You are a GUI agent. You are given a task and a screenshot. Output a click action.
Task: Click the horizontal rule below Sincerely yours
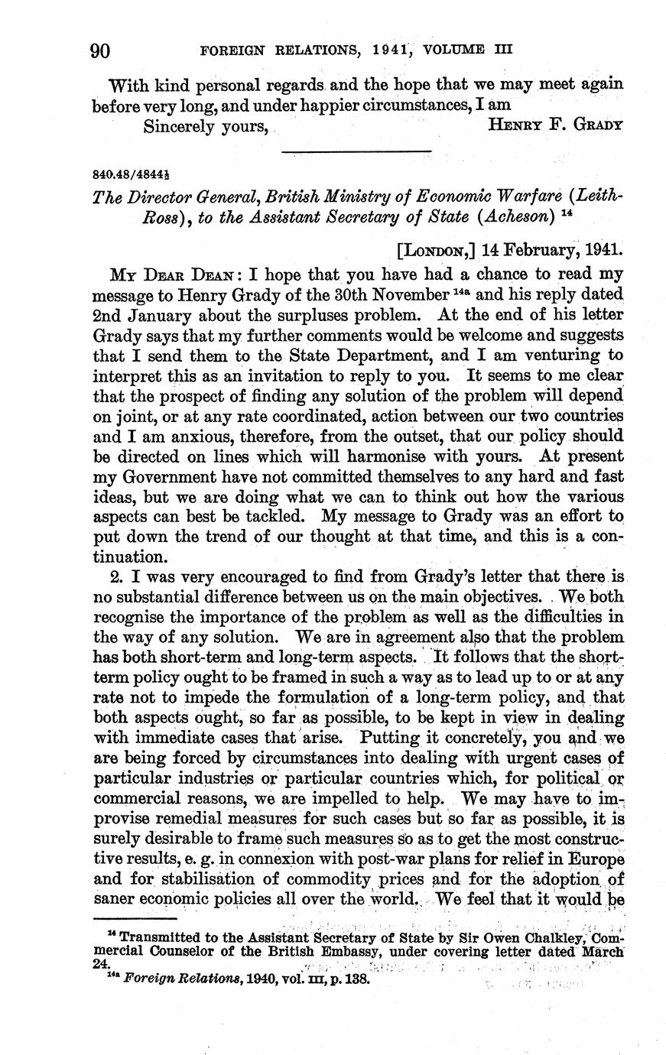[356, 151]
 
